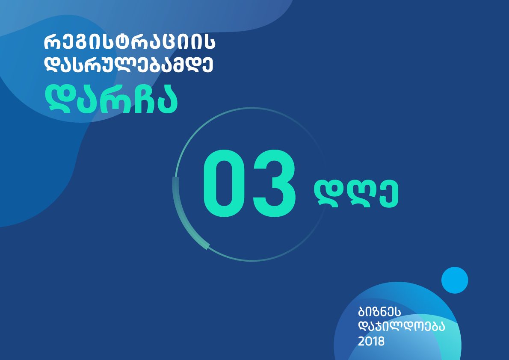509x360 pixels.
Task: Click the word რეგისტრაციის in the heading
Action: tap(130, 43)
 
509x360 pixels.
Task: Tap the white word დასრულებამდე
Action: tap(128, 65)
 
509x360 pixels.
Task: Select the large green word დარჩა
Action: tap(111, 99)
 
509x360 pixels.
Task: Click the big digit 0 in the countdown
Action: tap(224, 183)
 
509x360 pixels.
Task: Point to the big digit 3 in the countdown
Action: tap(274, 183)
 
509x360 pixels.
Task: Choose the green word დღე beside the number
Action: tap(356, 194)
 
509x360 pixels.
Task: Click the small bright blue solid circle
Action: tap(454, 280)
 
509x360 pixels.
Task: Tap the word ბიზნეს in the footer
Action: tap(379, 312)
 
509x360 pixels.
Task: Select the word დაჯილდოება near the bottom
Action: tap(401, 326)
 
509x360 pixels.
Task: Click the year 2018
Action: tap(371, 341)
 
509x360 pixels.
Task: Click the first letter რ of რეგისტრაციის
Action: tap(52, 43)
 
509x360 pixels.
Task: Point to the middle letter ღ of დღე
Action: tap(358, 194)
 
